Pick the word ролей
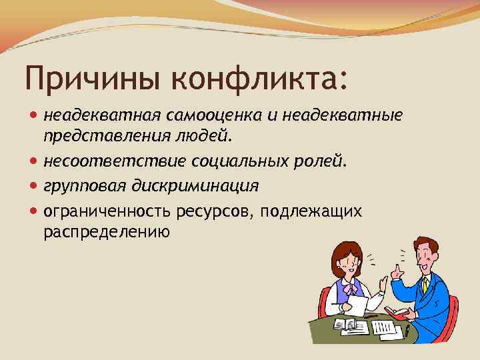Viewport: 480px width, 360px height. [x=320, y=162]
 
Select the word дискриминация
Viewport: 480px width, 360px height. [x=193, y=185]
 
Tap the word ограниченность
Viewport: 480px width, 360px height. [x=108, y=212]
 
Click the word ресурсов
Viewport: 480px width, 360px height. [x=215, y=212]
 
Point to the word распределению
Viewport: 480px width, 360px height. [x=107, y=232]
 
